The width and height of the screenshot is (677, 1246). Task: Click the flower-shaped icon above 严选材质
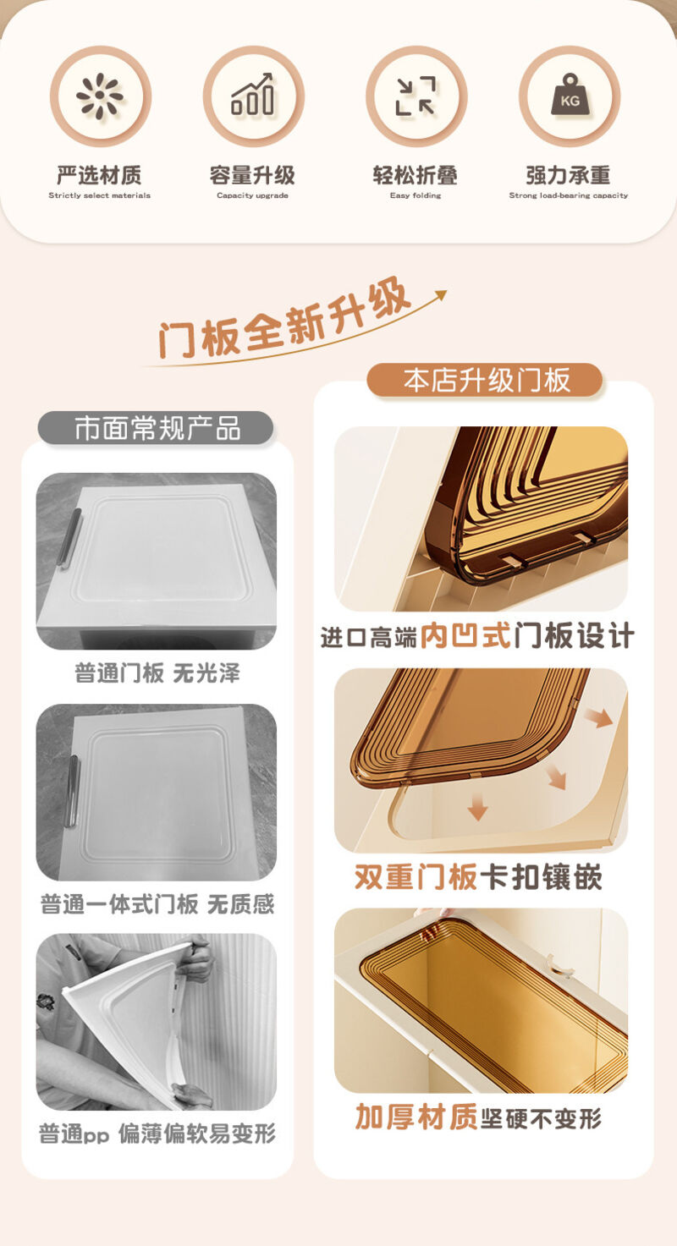(100, 96)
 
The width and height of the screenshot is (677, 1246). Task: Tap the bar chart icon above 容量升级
(253, 94)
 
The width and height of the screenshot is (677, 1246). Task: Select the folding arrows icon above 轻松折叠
(416, 96)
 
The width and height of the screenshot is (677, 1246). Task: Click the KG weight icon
(569, 94)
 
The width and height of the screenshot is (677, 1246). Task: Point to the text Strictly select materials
(100, 195)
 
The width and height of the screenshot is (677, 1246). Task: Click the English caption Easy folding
(416, 195)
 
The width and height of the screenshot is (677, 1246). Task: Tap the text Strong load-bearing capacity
(569, 195)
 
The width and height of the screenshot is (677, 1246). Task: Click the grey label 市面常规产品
(156, 428)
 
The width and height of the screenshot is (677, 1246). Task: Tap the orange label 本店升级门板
(485, 381)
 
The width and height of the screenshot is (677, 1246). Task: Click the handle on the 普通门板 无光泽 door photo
(70, 538)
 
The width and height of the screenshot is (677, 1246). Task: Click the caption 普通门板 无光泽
(157, 673)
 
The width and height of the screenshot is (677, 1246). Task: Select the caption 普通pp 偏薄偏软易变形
(157, 1133)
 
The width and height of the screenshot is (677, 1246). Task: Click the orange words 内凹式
(465, 636)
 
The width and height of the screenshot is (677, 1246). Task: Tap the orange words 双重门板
(416, 877)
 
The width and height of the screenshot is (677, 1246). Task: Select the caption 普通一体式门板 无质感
(157, 904)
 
